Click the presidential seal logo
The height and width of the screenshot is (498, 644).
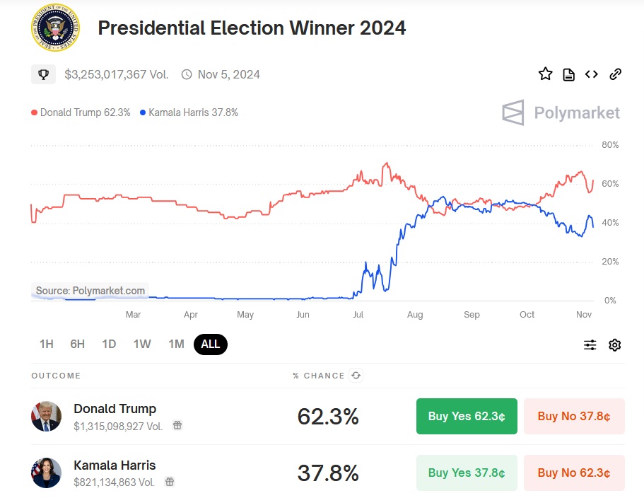tap(55, 28)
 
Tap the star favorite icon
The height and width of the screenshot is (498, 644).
tap(545, 74)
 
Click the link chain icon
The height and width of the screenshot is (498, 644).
tap(615, 74)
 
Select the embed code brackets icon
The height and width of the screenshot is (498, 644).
tap(592, 74)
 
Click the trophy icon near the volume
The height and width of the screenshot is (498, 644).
tap(43, 74)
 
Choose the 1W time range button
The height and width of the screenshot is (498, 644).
tap(142, 344)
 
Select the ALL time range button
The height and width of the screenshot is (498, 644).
tap(211, 344)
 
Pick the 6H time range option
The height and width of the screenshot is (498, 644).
tap(78, 344)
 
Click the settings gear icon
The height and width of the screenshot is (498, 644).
tap(614, 345)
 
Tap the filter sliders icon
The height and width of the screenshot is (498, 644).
tap(590, 345)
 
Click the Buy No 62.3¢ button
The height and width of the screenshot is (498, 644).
tap(574, 473)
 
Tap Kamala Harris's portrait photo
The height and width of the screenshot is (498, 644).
tap(47, 473)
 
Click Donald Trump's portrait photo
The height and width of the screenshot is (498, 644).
tap(47, 416)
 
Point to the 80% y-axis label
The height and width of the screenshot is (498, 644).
tap(609, 145)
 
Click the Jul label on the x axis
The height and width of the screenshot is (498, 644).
tap(358, 315)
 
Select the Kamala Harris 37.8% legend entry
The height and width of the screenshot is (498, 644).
tap(189, 112)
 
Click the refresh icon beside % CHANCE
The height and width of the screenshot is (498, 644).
tap(356, 376)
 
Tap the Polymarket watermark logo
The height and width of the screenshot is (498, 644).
tap(561, 112)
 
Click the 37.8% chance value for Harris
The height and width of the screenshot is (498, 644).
tap(328, 473)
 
